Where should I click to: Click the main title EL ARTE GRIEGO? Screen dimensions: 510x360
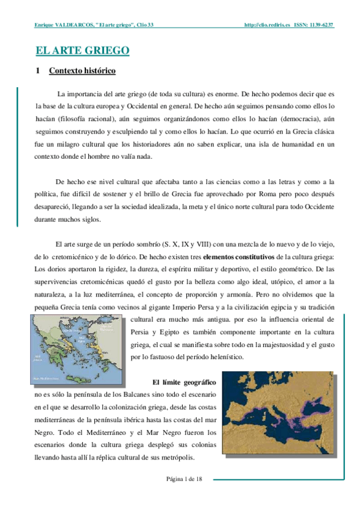pos(83,51)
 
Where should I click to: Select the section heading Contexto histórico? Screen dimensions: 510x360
pos(82,71)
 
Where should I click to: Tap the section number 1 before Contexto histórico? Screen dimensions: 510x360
pos(38,71)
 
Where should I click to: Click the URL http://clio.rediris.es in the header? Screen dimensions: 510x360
pos(267,26)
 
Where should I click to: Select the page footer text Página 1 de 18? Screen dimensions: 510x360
pos(184,478)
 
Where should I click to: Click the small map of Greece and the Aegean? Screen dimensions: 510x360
pos(78,348)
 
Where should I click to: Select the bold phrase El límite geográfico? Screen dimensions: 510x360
pos(184,382)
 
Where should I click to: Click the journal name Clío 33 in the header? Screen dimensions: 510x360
pos(140,26)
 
